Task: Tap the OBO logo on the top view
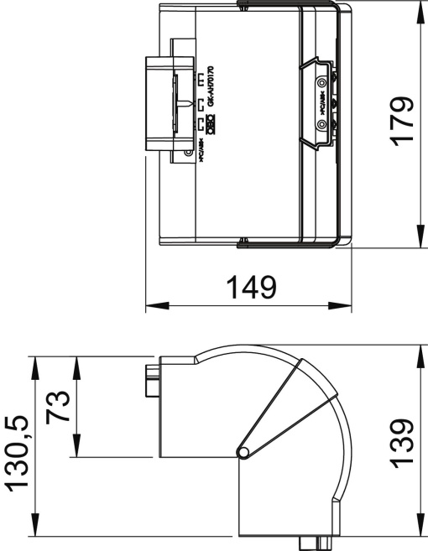pos(211,127)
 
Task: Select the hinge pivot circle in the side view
pos(243,452)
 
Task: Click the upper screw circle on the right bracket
pos(321,85)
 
